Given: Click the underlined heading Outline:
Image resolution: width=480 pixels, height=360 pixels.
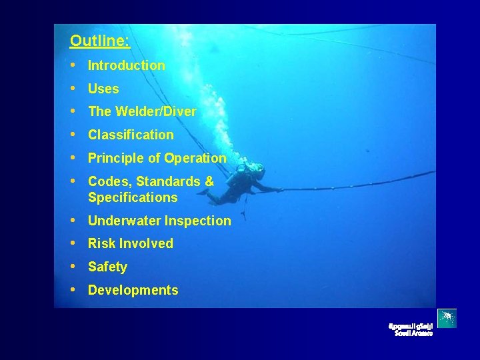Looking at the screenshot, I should pos(99,41).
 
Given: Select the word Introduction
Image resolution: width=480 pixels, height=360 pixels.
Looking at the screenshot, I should pos(127,65).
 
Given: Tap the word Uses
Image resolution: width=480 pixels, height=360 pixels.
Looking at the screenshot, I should pos(103,89).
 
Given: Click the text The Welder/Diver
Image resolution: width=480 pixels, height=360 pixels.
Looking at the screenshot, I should pos(142,111).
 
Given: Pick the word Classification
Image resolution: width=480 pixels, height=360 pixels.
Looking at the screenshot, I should pos(131,135).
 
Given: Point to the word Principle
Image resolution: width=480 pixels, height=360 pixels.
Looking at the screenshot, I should pos(114,158).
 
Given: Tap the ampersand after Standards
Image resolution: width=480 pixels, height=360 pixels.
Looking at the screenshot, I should pos(209,181).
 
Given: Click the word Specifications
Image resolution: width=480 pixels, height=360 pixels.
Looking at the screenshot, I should pos(133,197).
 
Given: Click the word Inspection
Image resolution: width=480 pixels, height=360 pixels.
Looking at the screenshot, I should pos(199,221).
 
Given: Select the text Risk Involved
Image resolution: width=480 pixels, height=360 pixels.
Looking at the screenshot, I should pos(131,243).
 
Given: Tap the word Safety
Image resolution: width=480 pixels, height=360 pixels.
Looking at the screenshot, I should pos(107,267).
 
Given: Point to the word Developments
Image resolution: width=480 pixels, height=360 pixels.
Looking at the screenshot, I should pos(133,290).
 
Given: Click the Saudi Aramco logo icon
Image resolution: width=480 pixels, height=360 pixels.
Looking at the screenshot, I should pos(447,319).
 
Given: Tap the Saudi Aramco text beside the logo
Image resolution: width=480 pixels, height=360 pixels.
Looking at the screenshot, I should pos(412,329).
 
